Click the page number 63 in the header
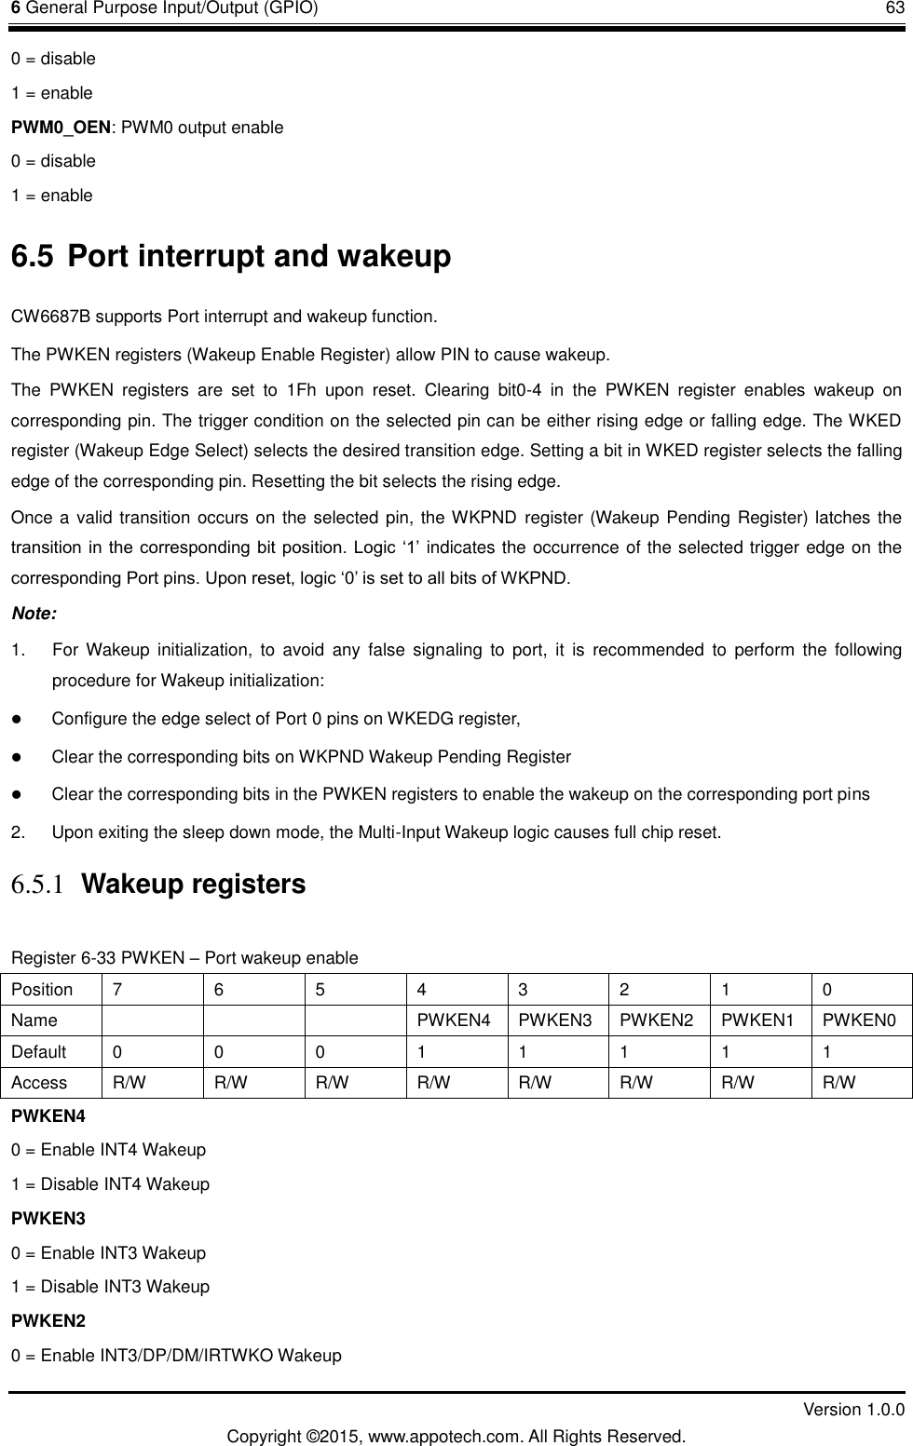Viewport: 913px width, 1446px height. click(893, 9)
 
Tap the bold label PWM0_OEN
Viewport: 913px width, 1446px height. click(61, 127)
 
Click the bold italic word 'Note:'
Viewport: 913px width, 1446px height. click(34, 614)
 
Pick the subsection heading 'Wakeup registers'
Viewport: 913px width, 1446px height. click(194, 884)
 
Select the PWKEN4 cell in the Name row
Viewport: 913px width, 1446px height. click(454, 1020)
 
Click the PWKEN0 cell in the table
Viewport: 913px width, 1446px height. click(860, 1020)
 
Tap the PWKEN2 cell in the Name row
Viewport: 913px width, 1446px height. click(657, 1020)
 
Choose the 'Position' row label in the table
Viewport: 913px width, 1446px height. click(42, 989)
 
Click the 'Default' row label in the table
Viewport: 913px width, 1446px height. click(39, 1052)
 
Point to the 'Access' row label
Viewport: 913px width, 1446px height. click(39, 1083)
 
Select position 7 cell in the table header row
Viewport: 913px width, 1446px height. click(116, 989)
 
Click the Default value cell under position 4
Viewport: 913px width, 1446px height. click(422, 1052)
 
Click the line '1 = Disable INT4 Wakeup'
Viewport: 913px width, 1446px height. click(110, 1184)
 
